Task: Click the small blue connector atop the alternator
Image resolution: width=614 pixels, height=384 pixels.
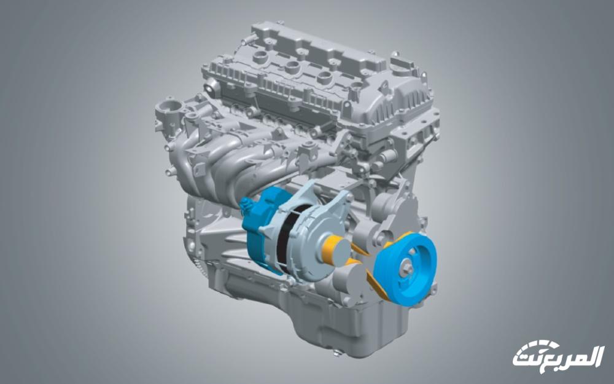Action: pos(246,205)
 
